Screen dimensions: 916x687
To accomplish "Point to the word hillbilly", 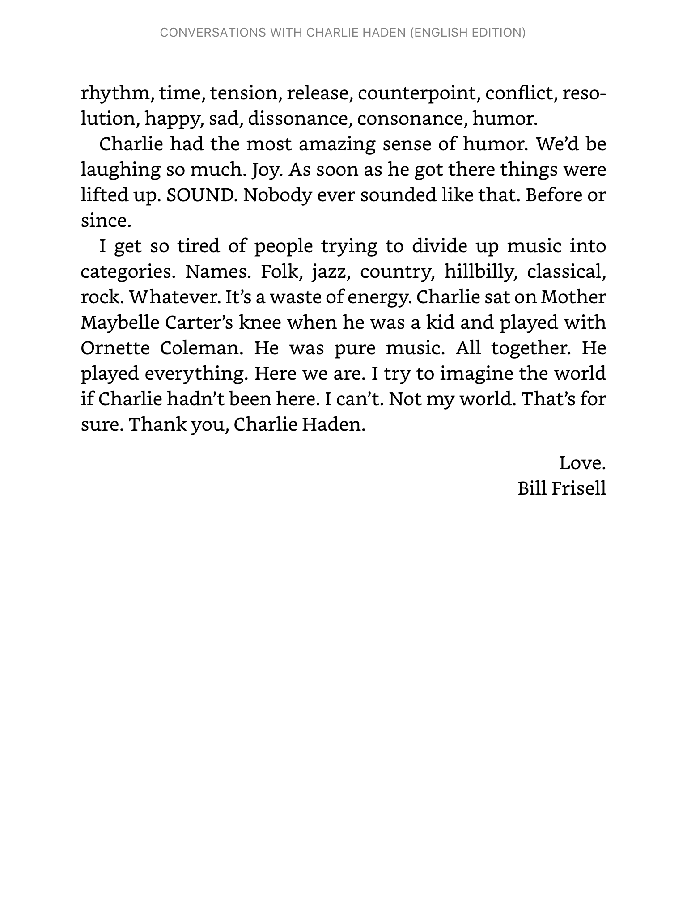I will click(481, 271).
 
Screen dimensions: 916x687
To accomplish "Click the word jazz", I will click(329, 271).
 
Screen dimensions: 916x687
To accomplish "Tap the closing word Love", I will click(582, 463).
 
